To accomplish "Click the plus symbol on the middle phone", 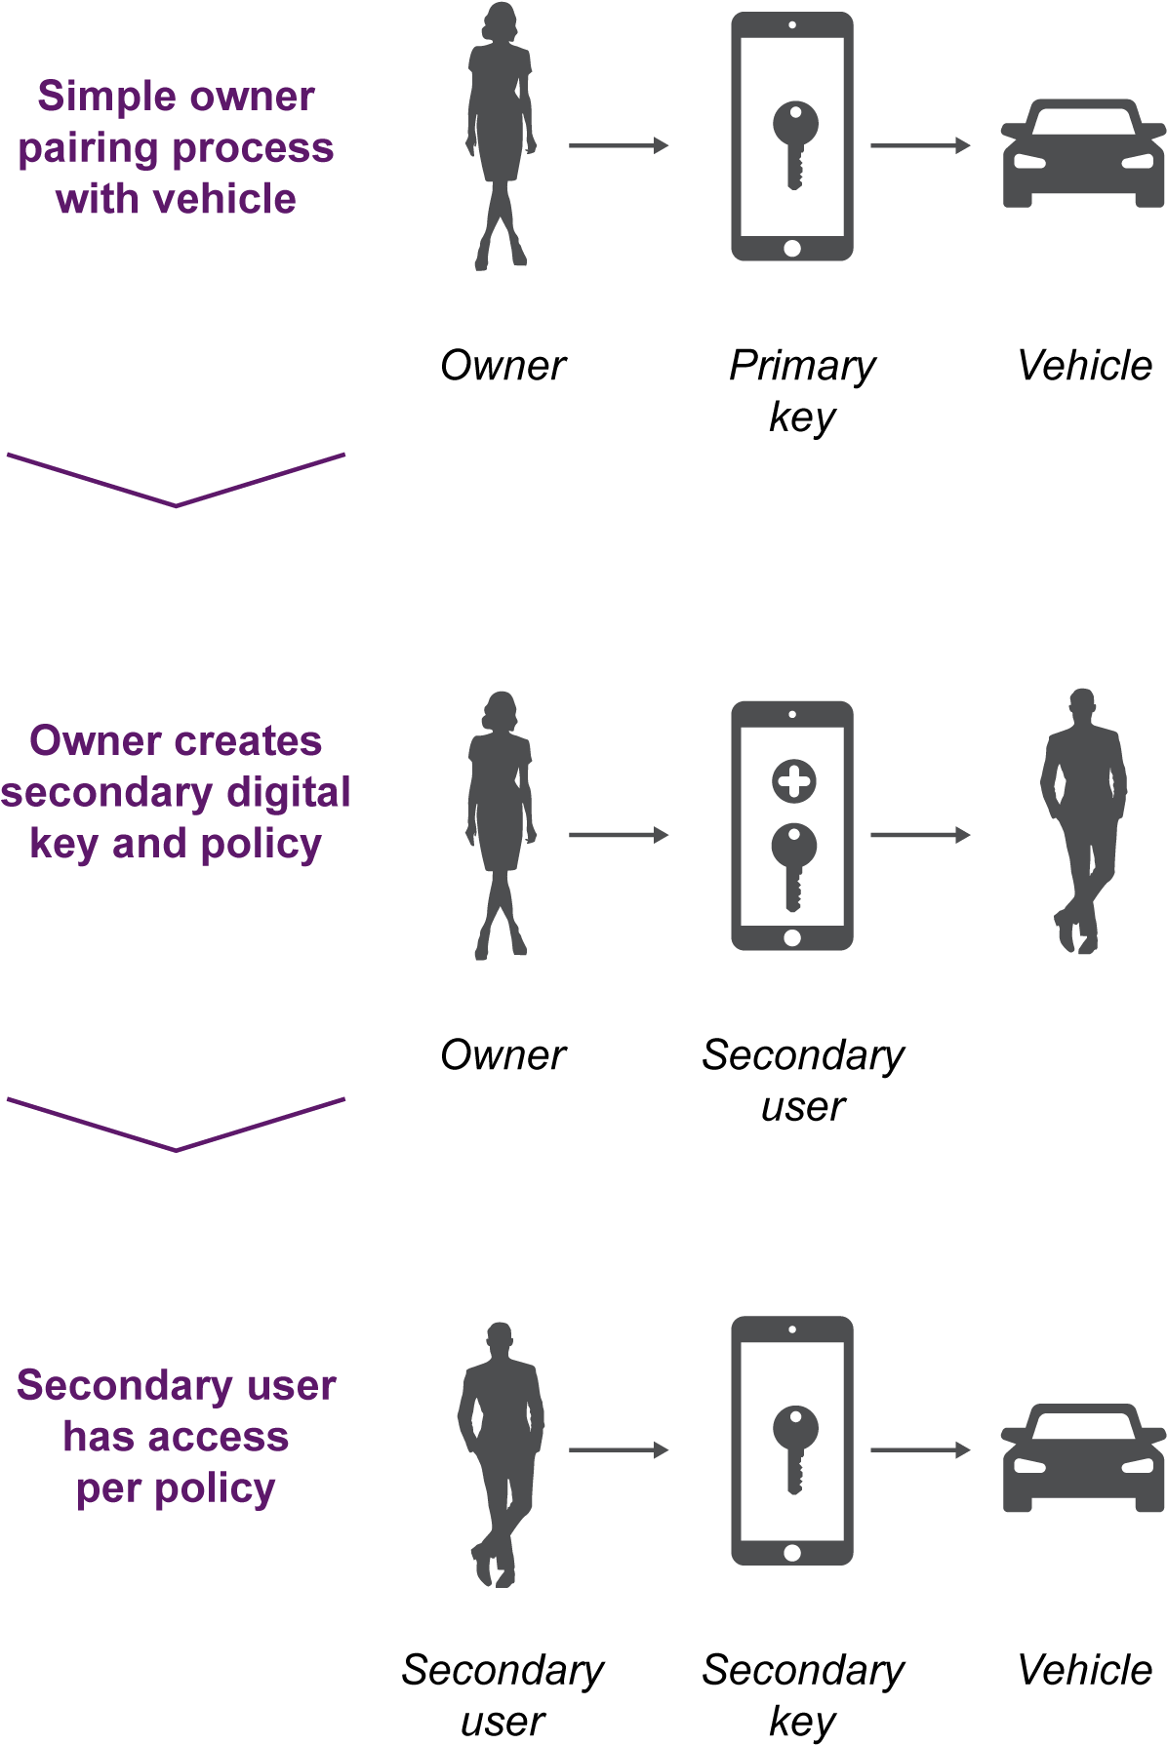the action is [x=793, y=781].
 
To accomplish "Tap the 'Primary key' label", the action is [x=802, y=391].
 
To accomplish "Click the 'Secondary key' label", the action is [x=802, y=1694].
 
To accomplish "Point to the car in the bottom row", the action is [x=1083, y=1457].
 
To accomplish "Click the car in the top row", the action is [x=1083, y=153].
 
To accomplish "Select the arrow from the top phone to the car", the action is [x=920, y=145].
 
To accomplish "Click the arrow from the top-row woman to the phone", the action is [x=619, y=145].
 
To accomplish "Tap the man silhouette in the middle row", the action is [x=1082, y=820].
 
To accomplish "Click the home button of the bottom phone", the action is [x=792, y=1552].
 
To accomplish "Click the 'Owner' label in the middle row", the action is [x=503, y=1054].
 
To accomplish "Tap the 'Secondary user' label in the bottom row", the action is [x=503, y=1694].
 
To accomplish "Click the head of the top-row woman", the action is [x=500, y=22].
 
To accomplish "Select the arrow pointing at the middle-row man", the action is [x=920, y=835].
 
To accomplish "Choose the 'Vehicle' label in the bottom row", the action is [x=1084, y=1669].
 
